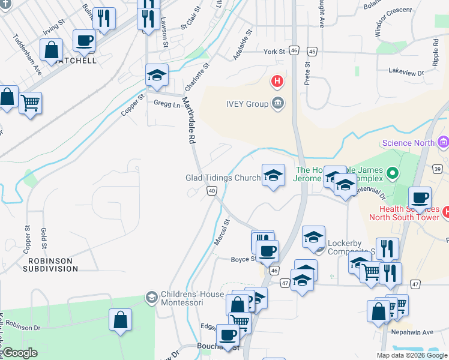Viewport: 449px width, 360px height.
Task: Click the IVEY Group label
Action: click(246, 104)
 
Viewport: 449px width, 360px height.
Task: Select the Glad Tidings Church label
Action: click(222, 178)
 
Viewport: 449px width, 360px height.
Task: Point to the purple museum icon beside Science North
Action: click(444, 142)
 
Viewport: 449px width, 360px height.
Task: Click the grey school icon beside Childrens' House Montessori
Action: click(151, 296)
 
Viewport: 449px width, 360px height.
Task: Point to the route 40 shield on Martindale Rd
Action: click(211, 190)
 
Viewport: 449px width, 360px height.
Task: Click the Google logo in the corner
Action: click(19, 353)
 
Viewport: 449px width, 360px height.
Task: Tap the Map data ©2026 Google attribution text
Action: click(412, 355)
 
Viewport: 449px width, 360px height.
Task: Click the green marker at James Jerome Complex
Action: click(393, 174)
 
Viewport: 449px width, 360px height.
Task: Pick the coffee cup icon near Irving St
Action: click(84, 41)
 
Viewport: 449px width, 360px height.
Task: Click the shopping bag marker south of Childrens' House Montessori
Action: click(120, 319)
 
